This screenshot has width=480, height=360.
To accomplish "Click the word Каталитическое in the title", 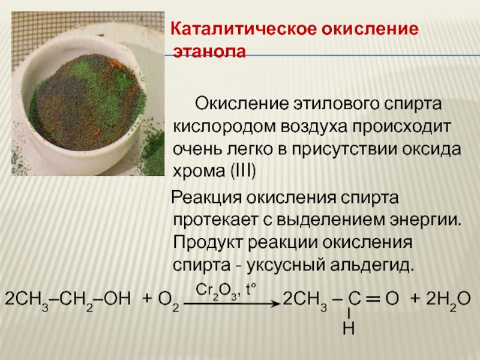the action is (244, 29).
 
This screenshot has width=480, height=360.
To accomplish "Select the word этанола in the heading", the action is (209, 52).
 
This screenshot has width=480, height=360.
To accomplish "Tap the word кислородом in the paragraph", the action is (224, 127).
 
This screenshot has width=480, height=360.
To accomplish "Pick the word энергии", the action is (425, 220).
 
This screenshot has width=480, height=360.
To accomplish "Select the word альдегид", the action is (372, 265).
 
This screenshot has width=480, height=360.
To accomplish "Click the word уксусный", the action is (286, 266).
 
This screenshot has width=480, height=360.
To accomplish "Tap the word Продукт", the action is (208, 243).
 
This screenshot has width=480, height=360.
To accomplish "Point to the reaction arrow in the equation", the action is (232, 304).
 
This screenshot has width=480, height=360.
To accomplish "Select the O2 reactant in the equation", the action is (169, 301).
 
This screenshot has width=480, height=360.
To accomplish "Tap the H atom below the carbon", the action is (349, 328).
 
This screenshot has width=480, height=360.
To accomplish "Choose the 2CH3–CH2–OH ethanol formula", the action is (68, 301).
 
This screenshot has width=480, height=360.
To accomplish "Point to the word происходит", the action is (401, 127).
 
